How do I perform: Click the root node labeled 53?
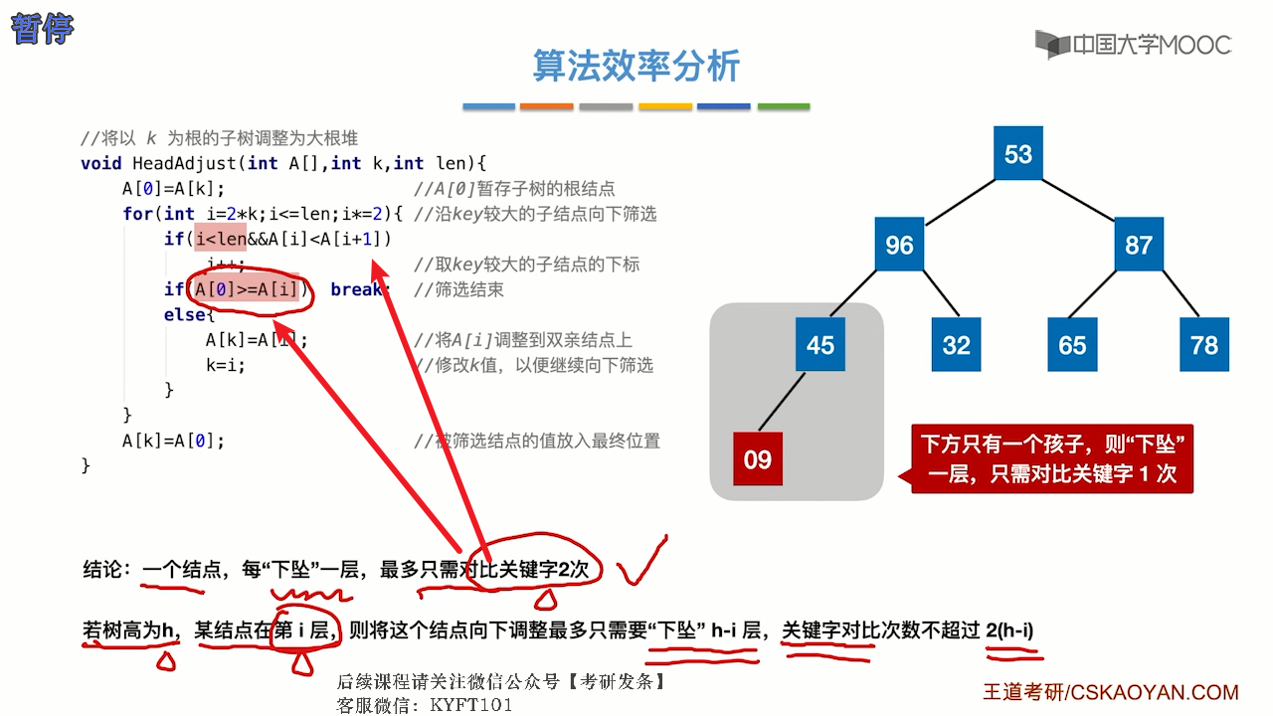pos(1017,154)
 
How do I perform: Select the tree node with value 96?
pos(899,245)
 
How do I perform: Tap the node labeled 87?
pos(1139,245)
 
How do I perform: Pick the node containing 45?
pos(820,345)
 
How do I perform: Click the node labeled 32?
pos(956,345)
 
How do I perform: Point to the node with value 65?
pos(1072,345)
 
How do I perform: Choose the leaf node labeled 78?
pos(1203,345)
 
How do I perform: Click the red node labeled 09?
pos(758,459)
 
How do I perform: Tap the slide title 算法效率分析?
pos(636,66)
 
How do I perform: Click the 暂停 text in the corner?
pos(42,29)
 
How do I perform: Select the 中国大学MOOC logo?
pos(1133,45)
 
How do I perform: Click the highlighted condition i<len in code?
pos(220,239)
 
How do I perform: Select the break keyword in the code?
pos(356,289)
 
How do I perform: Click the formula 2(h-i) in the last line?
pos(1009,629)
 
